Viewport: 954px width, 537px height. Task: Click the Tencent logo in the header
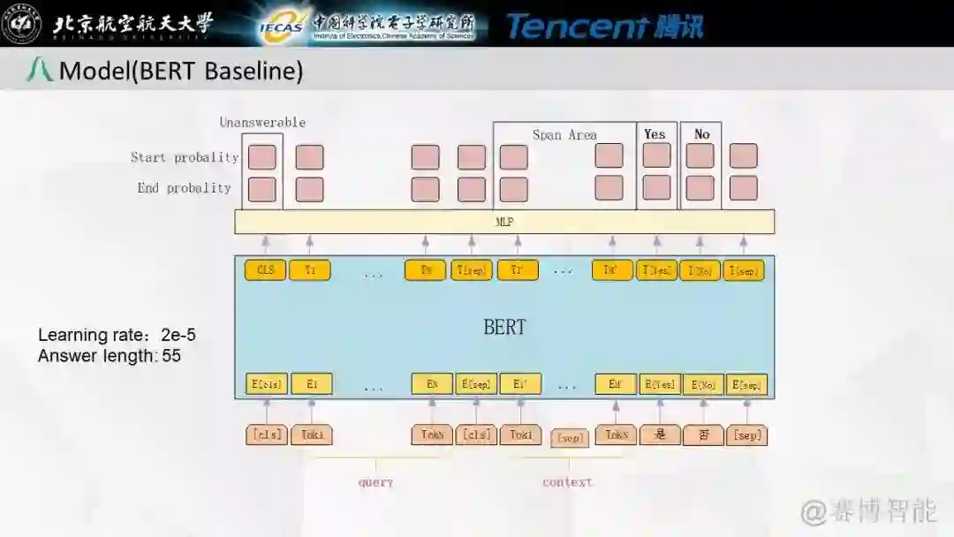tap(605, 26)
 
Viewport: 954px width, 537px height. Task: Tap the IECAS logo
tap(282, 26)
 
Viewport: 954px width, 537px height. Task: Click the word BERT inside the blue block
tap(504, 327)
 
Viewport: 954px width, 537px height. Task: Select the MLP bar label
tap(504, 222)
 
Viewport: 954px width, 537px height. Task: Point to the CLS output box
tap(265, 270)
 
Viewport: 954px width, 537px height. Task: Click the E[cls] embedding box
tap(267, 384)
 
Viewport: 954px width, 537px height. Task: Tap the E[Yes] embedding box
tap(660, 384)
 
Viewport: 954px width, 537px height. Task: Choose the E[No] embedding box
tap(704, 384)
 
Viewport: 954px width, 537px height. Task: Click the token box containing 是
tap(660, 435)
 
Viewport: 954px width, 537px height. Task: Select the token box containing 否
tap(704, 435)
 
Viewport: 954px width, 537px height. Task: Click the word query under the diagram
tap(375, 482)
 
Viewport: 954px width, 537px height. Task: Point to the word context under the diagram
tap(567, 482)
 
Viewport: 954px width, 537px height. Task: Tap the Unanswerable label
tap(262, 123)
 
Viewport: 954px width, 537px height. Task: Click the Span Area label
tap(564, 135)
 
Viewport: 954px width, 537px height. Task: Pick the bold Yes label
tap(655, 134)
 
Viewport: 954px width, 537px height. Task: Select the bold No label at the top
tap(701, 134)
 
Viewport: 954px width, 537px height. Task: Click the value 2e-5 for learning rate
tap(178, 336)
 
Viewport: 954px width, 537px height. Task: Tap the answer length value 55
tap(171, 356)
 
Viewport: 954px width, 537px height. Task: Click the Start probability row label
tap(185, 158)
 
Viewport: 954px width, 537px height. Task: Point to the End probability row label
tap(184, 188)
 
